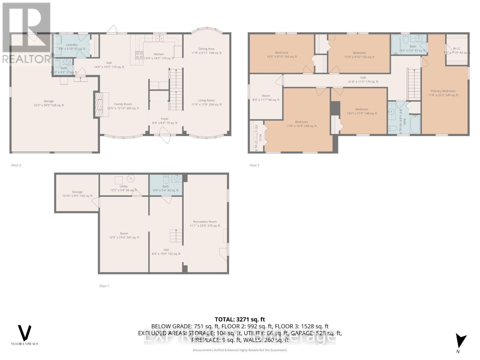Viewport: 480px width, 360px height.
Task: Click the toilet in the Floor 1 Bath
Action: click(x=166, y=179)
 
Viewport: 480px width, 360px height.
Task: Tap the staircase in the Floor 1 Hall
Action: click(x=176, y=235)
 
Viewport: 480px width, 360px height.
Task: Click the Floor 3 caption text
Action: click(x=254, y=165)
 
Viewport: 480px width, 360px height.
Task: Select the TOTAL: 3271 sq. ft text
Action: click(x=240, y=319)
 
